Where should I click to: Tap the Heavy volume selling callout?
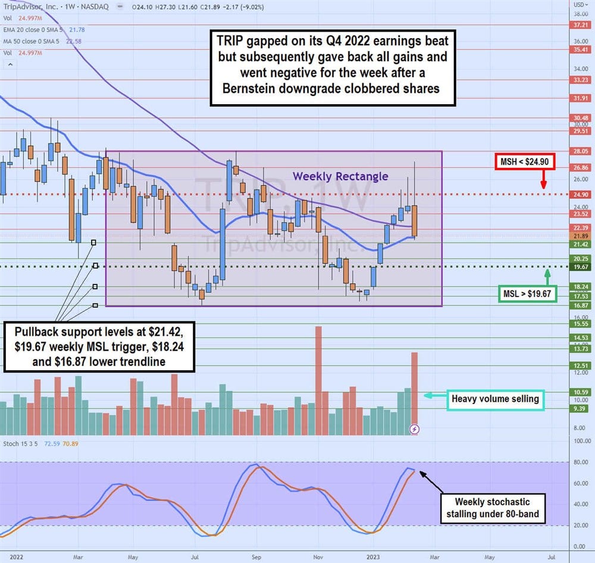point(495,399)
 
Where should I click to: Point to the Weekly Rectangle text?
point(340,176)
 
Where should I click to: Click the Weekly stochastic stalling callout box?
point(492,508)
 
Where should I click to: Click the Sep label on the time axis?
point(256,557)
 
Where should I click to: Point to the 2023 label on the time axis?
point(375,557)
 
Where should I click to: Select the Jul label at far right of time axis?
point(551,557)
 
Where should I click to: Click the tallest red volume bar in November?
point(318,381)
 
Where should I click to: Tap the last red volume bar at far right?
point(414,393)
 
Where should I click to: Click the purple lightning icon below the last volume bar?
point(415,428)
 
